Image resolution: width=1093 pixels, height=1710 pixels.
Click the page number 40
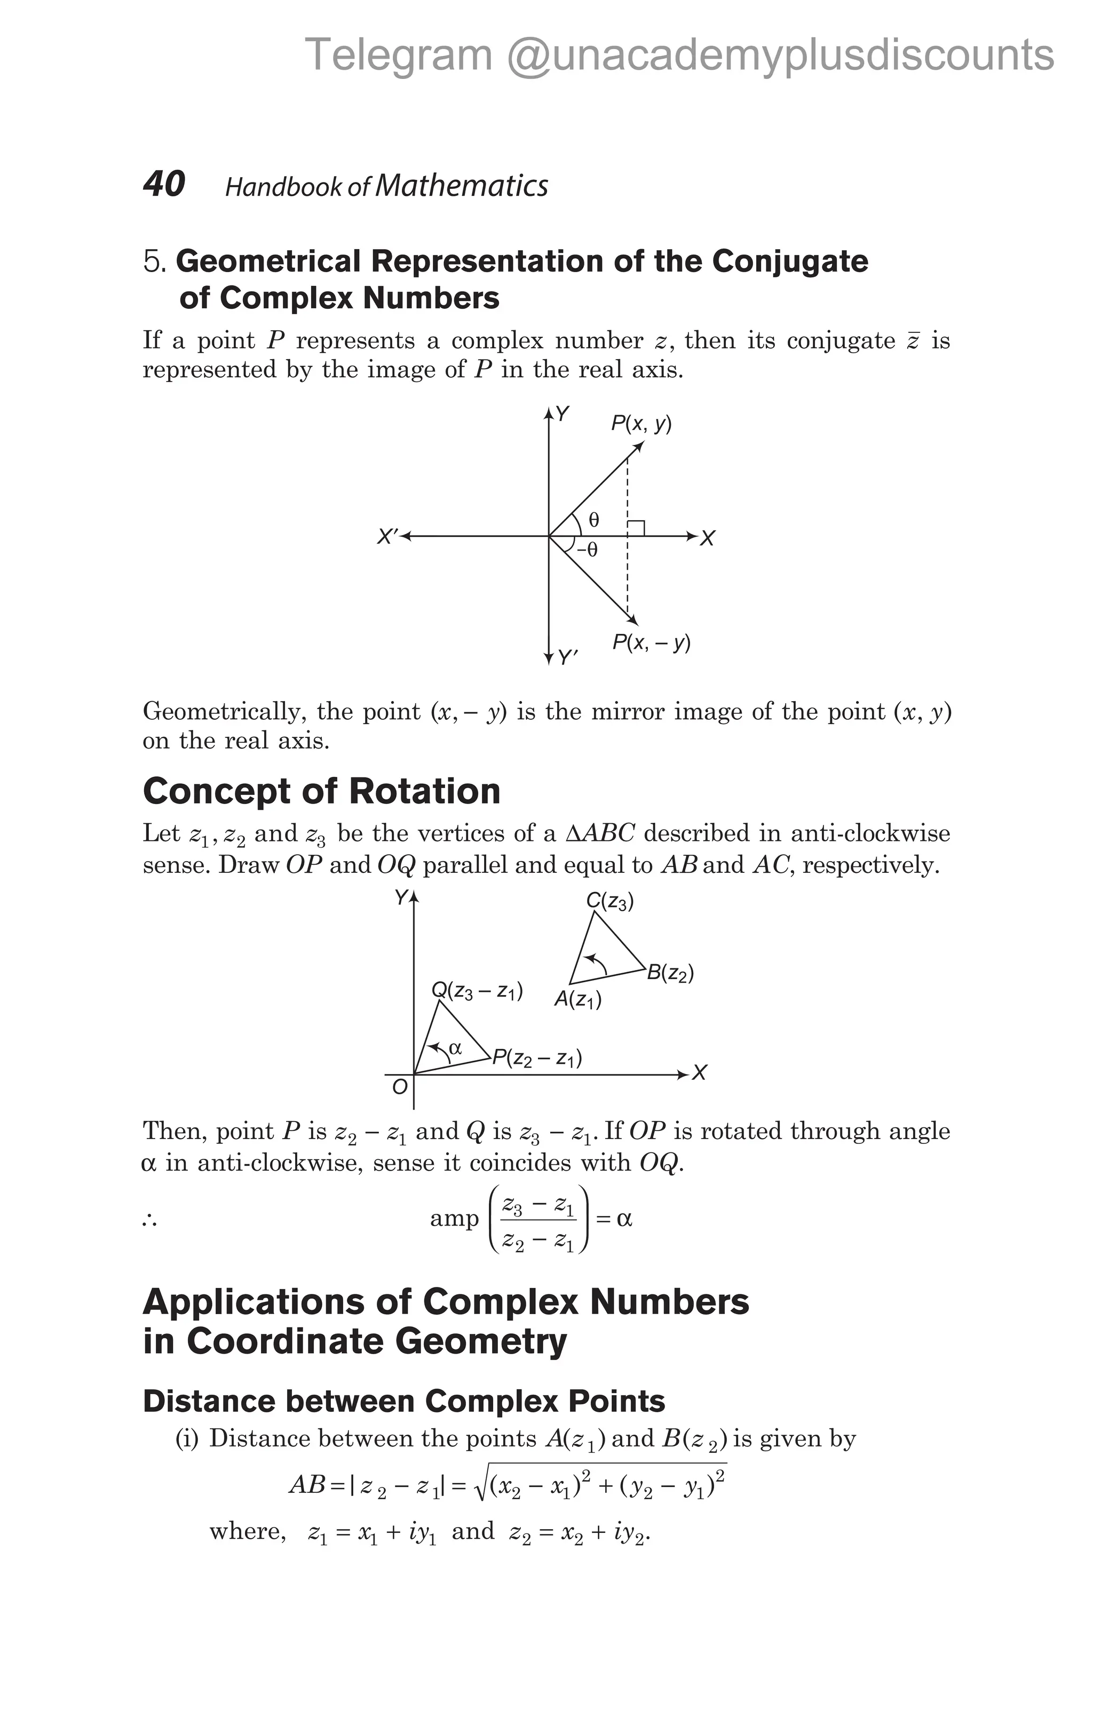pyautogui.click(x=164, y=184)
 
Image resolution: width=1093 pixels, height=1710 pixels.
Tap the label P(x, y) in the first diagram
pyautogui.click(x=641, y=425)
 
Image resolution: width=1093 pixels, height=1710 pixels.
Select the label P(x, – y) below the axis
pyautogui.click(x=651, y=643)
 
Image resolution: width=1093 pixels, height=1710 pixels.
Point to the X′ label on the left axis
pyautogui.click(x=388, y=537)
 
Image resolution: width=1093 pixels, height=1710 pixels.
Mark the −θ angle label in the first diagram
pyautogui.click(x=587, y=550)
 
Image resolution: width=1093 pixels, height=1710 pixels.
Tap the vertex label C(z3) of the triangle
pyautogui.click(x=610, y=902)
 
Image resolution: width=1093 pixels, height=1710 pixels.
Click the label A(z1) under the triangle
pyautogui.click(x=577, y=1000)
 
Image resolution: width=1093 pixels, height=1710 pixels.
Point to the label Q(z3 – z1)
pyautogui.click(x=477, y=991)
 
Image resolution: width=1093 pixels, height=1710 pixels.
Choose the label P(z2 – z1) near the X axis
pyautogui.click(x=537, y=1059)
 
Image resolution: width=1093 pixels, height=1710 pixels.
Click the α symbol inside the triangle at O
pyautogui.click(x=455, y=1047)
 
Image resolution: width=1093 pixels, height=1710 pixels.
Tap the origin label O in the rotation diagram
pyautogui.click(x=399, y=1086)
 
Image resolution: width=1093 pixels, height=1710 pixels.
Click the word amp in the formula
pyautogui.click(x=455, y=1219)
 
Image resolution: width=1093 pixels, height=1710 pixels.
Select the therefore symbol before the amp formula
pyautogui.click(x=149, y=1220)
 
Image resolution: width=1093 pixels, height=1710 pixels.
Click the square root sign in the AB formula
pyautogui.click(x=482, y=1484)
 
